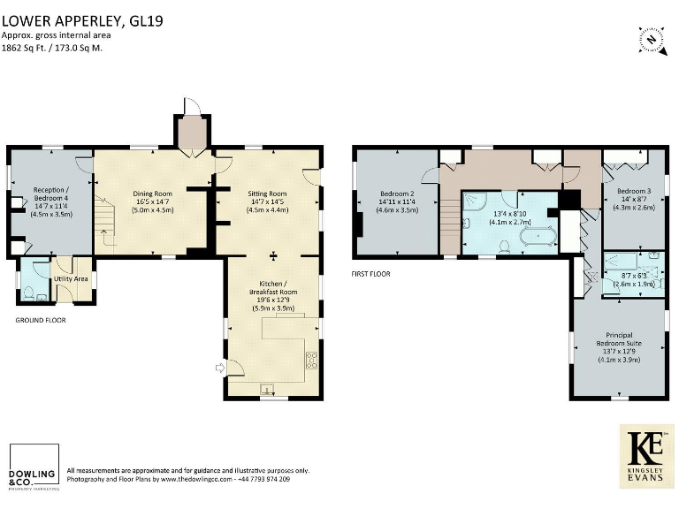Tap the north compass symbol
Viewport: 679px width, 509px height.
[x=651, y=39]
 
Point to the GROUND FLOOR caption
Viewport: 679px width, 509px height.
[x=40, y=320]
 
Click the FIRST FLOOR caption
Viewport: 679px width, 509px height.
[x=370, y=274]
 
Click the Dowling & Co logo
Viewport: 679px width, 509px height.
[x=33, y=467]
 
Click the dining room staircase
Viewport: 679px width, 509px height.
[x=105, y=224]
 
